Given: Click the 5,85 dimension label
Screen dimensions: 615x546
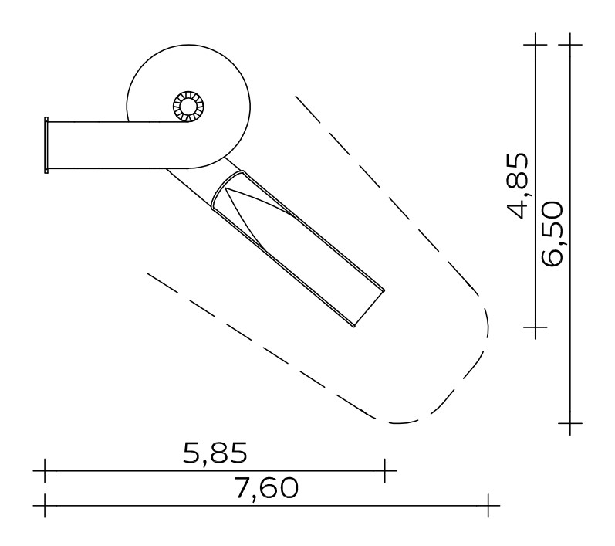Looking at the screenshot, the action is pos(215,453).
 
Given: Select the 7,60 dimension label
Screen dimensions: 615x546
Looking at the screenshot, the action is pos(266,488).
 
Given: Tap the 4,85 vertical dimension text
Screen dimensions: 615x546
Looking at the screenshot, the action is pos(518,185).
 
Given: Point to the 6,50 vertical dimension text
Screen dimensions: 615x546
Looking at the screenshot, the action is pos(552,233).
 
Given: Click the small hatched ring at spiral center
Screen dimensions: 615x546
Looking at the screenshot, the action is pos(188,107).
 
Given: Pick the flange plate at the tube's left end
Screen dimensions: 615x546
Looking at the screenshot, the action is pos(46,145).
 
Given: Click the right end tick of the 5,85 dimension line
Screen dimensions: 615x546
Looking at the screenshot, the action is pos(385,470).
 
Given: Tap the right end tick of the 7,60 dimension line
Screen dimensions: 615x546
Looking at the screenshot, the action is pos(488,506).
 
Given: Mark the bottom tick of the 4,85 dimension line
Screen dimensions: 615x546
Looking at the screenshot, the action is pos(536,327).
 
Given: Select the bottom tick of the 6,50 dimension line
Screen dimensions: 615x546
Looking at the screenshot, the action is pos(570,423).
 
